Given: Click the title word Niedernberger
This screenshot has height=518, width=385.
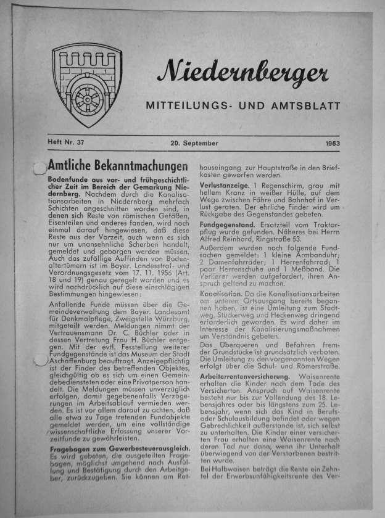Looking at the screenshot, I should click(x=242, y=74).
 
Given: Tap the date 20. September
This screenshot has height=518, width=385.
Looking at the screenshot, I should click(x=195, y=143).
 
